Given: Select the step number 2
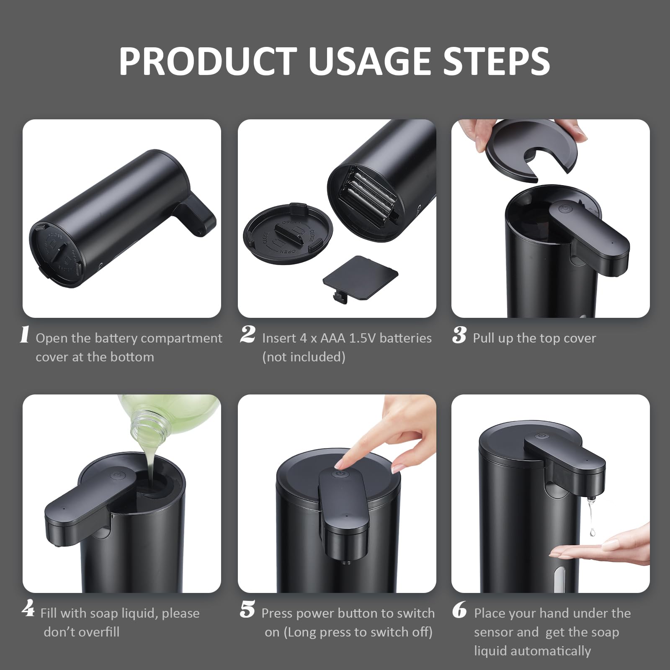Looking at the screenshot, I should tap(247, 335).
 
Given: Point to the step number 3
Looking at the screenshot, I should tap(459, 335).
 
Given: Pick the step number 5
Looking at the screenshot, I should tap(247, 609).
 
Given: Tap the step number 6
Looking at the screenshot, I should tap(459, 610).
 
